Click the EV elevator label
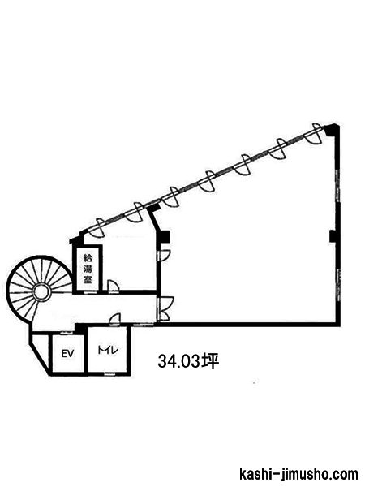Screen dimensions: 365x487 (x=67, y=353)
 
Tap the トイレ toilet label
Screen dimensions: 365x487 (x=108, y=351)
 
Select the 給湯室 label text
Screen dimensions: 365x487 (x=88, y=269)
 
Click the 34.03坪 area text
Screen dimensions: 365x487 (x=188, y=362)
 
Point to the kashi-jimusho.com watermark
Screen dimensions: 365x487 (x=298, y=475)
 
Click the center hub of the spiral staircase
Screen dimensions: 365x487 (x=41, y=292)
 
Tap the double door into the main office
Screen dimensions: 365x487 (x=165, y=308)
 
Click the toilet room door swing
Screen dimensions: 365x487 (x=115, y=319)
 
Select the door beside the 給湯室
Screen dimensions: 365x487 (x=113, y=286)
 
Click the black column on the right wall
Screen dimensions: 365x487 (x=333, y=236)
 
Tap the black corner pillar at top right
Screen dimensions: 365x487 (x=332, y=130)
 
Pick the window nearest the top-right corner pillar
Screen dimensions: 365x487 (x=314, y=134)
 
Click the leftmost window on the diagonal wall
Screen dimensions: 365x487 (x=97, y=228)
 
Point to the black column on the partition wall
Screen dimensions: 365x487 (x=163, y=237)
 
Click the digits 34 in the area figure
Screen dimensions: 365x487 (x=165, y=362)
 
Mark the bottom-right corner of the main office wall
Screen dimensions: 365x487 (x=337, y=324)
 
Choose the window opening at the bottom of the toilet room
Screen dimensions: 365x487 (x=109, y=374)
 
